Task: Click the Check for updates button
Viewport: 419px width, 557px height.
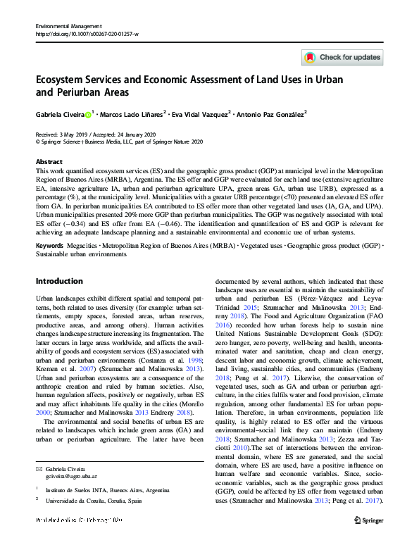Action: point(342,57)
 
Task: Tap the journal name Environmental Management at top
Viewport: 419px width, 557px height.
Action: point(69,25)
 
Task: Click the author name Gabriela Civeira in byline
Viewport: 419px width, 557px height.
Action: point(60,113)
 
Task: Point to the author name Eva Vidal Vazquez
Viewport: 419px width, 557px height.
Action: point(201,113)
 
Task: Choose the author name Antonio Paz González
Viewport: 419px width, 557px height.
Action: point(270,113)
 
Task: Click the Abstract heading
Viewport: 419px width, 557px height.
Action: point(49,161)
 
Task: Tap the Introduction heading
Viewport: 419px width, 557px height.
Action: point(59,281)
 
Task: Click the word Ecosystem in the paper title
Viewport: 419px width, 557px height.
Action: point(67,80)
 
